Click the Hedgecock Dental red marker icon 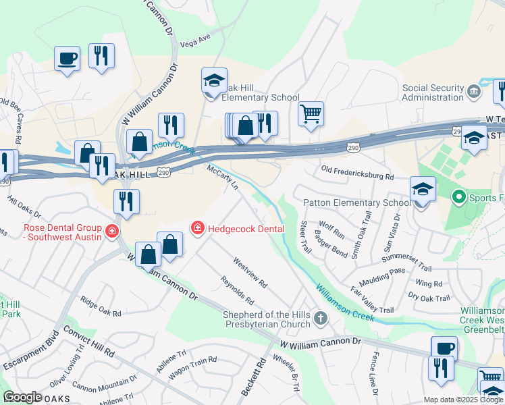[197, 229]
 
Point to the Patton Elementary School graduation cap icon [423, 188]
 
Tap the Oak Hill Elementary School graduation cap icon [214, 82]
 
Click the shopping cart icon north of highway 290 [311, 113]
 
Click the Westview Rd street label [250, 271]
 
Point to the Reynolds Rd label [237, 290]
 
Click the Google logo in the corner [22, 397]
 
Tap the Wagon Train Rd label [192, 367]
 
